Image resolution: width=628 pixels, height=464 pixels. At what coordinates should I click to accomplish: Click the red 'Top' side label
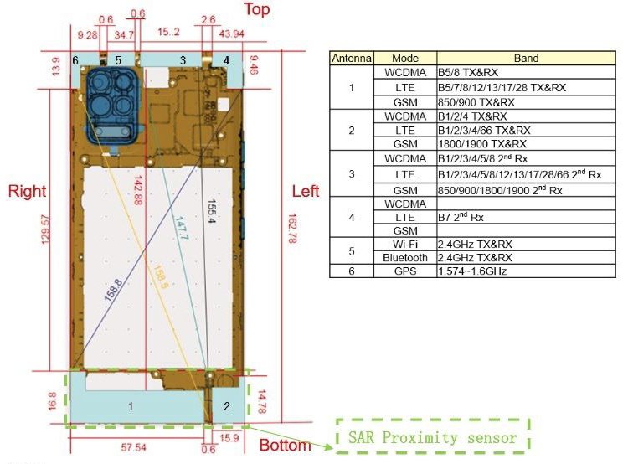coord(257,9)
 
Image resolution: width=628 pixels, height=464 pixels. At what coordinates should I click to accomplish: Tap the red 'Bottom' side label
coord(286,445)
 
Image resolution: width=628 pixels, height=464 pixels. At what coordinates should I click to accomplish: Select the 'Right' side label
coord(28,191)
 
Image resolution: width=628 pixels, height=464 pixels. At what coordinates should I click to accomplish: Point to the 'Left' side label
coord(306,191)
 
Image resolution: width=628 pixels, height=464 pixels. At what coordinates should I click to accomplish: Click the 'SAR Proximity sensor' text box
coord(433,436)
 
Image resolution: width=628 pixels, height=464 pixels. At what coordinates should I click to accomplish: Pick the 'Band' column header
coord(526,59)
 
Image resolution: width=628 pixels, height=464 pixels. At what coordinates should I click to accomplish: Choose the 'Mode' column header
coord(405,59)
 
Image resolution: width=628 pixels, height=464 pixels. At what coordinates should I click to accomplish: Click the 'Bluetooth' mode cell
coord(405,258)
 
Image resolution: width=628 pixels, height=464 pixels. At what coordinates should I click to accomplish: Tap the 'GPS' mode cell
coord(405,271)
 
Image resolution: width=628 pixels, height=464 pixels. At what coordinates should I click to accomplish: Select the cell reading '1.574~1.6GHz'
coord(472,271)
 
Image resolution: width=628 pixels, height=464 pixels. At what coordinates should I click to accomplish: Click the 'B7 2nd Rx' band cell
coord(461,217)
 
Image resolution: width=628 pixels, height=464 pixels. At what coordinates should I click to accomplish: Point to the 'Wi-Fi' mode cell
coord(405,244)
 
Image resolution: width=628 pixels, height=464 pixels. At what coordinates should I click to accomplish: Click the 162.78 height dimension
coord(292,228)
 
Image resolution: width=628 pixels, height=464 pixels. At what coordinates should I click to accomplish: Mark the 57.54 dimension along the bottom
coord(133,447)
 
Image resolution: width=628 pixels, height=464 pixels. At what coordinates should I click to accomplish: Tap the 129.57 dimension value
coord(45,229)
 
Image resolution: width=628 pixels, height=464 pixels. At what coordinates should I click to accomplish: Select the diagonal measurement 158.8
coord(113,290)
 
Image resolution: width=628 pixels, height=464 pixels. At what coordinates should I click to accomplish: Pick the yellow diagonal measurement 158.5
coord(160,277)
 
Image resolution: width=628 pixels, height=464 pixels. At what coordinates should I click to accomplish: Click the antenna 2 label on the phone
coord(227,406)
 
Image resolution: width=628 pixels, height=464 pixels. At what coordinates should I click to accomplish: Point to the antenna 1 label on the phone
coord(131,406)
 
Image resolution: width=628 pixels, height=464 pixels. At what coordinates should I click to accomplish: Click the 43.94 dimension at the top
coord(231,34)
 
